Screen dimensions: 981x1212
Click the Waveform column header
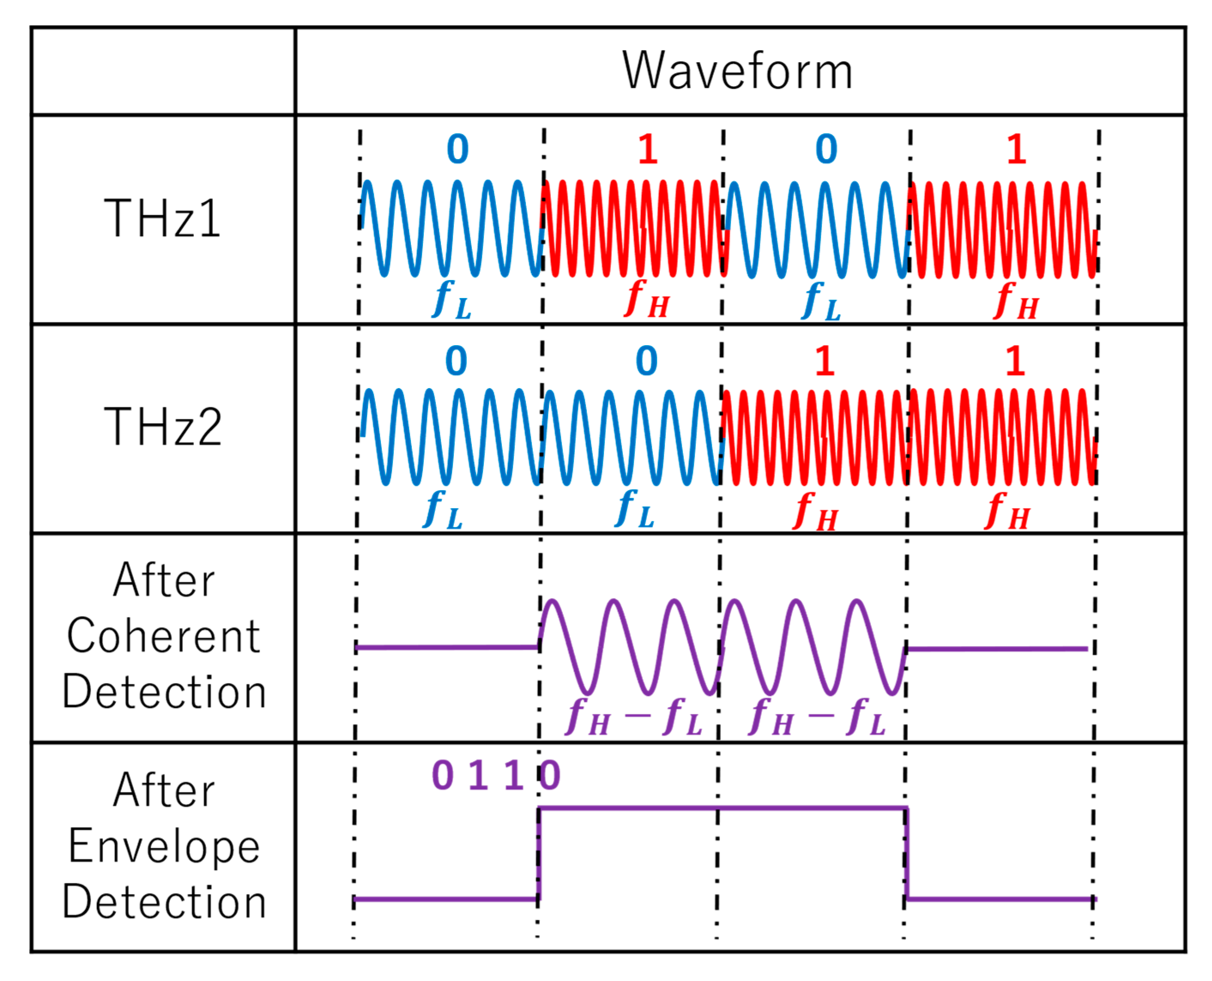click(737, 71)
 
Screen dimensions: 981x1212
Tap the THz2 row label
click(163, 427)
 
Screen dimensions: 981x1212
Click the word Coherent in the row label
click(164, 636)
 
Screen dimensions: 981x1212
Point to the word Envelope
click(164, 846)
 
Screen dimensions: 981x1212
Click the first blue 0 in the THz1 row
click(457, 149)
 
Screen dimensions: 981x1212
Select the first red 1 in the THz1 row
click(648, 149)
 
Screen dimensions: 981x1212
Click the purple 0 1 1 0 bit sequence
click(496, 775)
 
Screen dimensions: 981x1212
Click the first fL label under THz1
click(451, 300)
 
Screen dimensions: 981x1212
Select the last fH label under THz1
click(1016, 301)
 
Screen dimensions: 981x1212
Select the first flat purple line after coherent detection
click(446, 647)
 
